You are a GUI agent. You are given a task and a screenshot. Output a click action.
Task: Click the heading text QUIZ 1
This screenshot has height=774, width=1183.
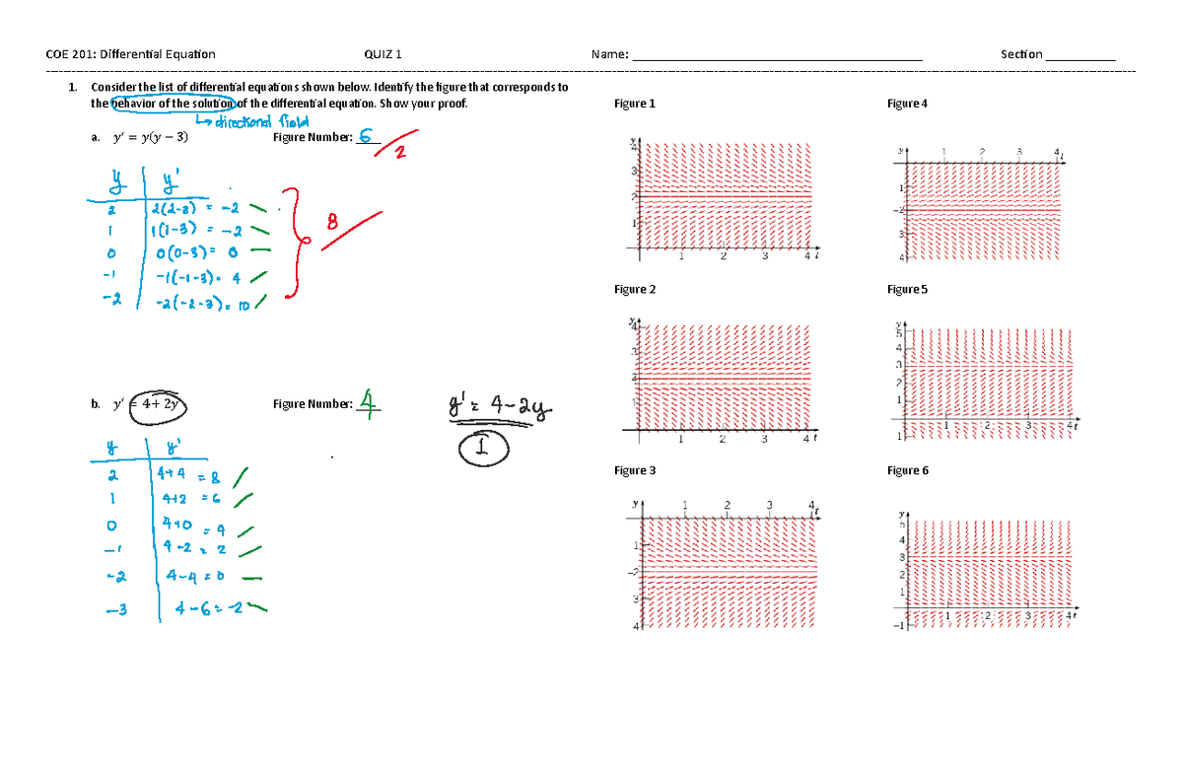(383, 54)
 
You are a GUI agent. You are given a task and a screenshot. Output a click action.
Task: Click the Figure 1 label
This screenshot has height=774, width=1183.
(634, 104)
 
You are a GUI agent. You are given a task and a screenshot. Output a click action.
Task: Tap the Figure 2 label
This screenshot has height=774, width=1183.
(634, 289)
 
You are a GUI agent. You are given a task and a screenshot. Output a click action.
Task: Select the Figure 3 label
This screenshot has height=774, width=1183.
(634, 470)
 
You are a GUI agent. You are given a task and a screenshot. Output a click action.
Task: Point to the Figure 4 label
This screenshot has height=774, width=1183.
(907, 104)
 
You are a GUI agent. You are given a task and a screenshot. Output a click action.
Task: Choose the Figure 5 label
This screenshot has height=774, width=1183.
(907, 289)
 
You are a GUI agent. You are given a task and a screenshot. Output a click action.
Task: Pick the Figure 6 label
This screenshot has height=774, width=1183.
(907, 470)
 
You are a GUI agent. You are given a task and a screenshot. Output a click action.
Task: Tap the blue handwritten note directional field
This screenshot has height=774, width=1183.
(252, 121)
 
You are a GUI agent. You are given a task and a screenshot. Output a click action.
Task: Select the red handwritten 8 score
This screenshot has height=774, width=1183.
(331, 224)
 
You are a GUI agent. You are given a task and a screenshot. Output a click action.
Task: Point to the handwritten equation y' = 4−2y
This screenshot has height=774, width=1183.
(500, 406)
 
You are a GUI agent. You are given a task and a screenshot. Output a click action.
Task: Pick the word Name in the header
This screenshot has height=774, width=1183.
(608, 54)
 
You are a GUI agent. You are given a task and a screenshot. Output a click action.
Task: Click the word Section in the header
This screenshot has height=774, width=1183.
(1020, 54)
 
